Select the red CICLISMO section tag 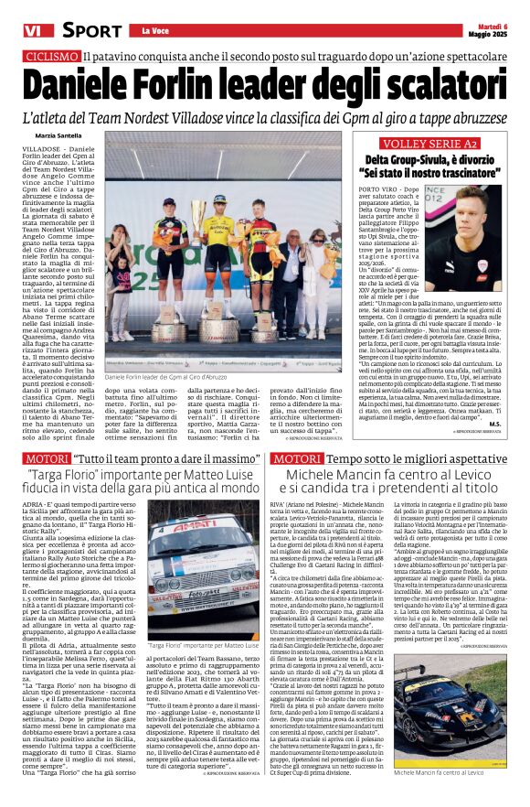click(x=52, y=57)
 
